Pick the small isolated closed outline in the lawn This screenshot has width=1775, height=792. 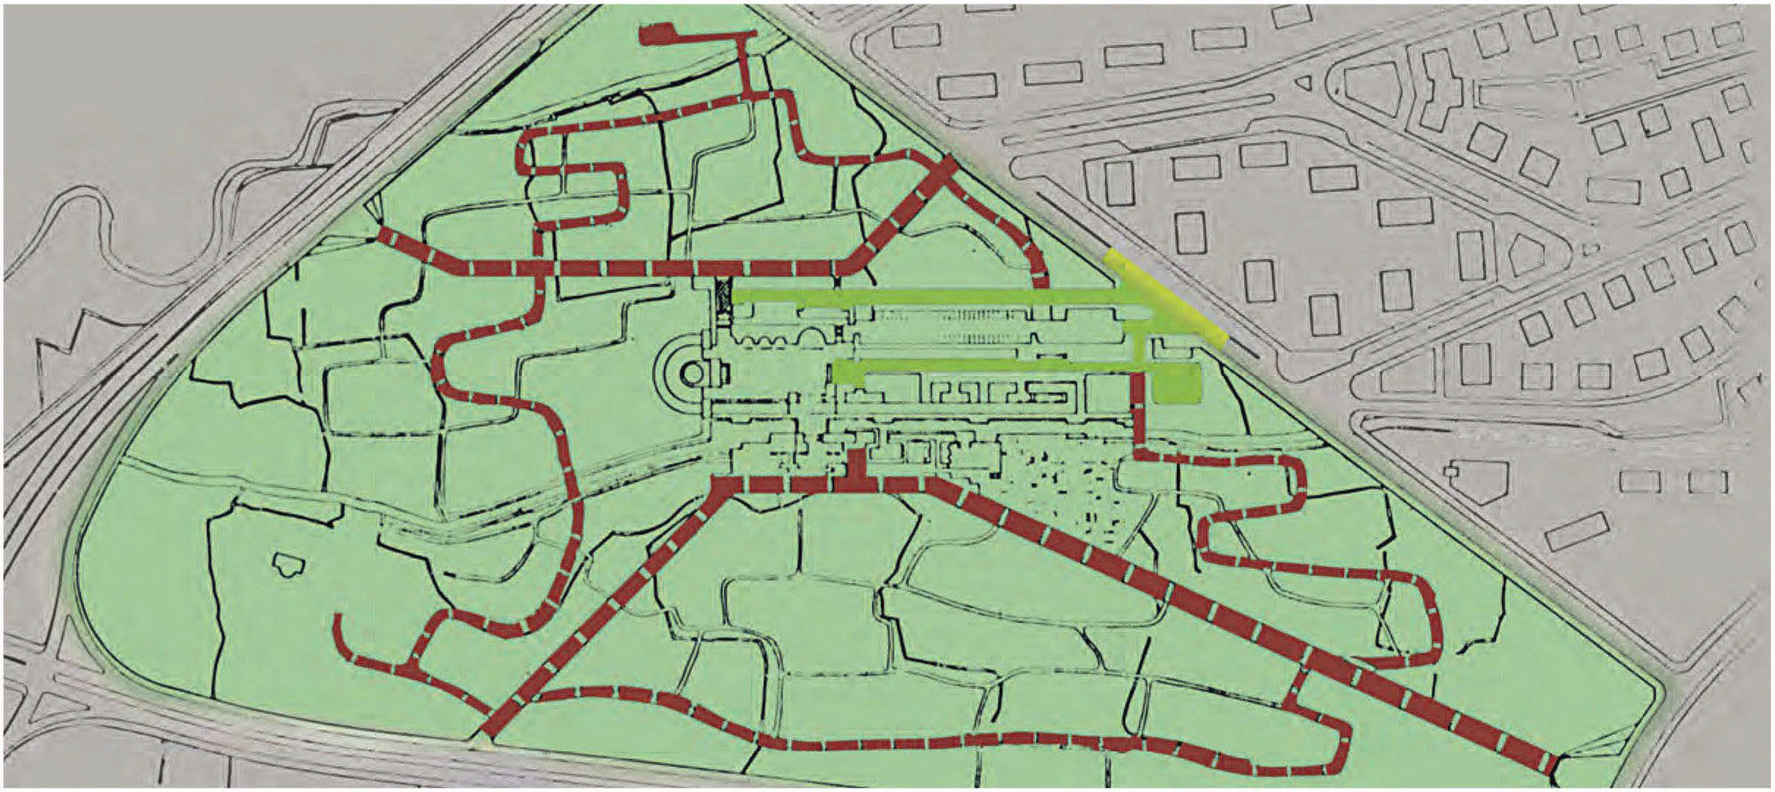pyautogui.click(x=292, y=565)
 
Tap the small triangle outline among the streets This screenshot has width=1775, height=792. pyautogui.click(x=1303, y=83)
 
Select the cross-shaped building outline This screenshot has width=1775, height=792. pyautogui.click(x=1433, y=97)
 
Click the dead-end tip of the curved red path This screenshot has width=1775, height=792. pyautogui.click(x=338, y=618)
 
